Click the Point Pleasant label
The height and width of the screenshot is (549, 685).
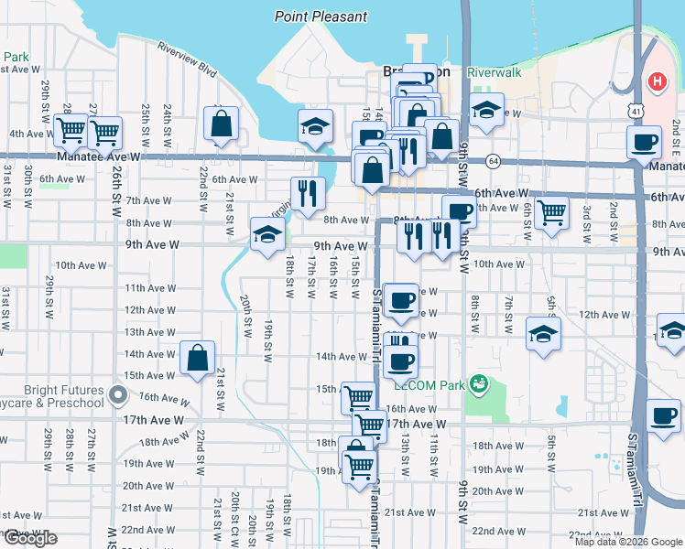(321, 16)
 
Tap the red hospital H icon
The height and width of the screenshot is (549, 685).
(656, 82)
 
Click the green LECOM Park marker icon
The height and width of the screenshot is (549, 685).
(475, 382)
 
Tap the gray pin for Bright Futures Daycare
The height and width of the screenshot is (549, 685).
(116, 394)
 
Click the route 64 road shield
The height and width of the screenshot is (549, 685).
(493, 161)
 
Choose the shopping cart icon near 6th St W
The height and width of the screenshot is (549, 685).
(549, 212)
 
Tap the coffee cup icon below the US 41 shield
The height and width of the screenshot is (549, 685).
(644, 142)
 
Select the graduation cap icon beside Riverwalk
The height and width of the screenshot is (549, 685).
(486, 111)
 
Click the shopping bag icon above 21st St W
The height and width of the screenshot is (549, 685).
(221, 123)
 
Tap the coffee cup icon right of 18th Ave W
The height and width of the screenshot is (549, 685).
(663, 415)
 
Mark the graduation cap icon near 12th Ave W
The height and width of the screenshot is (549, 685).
(543, 334)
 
